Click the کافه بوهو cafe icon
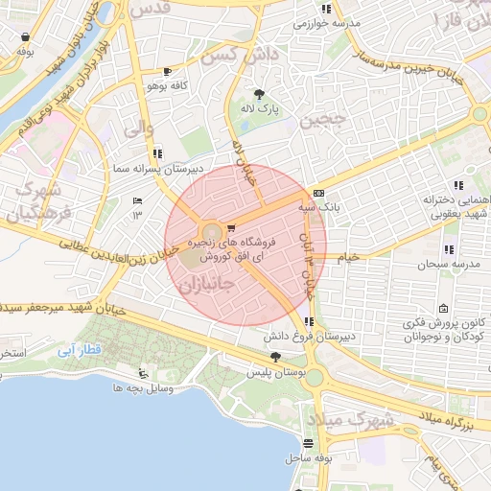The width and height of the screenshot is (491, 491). coord(169,71)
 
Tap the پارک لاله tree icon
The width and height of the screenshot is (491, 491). coord(259,94)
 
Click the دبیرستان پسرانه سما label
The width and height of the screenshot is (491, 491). coord(201,168)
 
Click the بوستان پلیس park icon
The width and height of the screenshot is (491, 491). coord(276,356)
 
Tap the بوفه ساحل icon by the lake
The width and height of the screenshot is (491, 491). coord(308,444)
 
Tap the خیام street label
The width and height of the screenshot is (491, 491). coord(345,257)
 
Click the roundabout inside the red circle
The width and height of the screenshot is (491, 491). coord(210,233)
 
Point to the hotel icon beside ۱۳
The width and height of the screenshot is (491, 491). coord(136,200)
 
